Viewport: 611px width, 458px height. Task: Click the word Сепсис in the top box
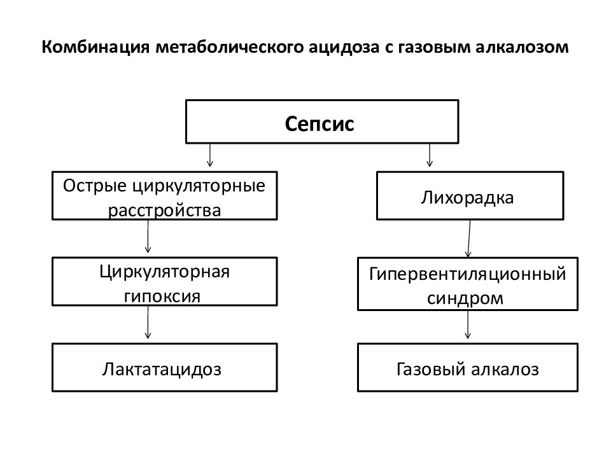click(x=320, y=124)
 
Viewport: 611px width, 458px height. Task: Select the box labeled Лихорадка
click(x=470, y=195)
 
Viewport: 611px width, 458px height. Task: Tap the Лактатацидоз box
click(x=164, y=367)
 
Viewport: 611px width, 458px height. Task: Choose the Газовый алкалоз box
click(x=468, y=367)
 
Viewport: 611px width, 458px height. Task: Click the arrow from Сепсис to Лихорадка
click(x=430, y=155)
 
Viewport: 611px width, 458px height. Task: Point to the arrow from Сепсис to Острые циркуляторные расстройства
click(x=210, y=155)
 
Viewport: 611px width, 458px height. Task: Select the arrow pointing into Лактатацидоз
click(x=148, y=323)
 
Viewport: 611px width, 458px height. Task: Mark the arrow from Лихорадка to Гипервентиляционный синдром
click(x=469, y=239)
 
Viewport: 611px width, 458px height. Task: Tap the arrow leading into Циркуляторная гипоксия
click(x=148, y=237)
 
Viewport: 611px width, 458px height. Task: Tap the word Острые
click(x=95, y=186)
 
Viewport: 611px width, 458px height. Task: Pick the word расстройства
click(x=164, y=211)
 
